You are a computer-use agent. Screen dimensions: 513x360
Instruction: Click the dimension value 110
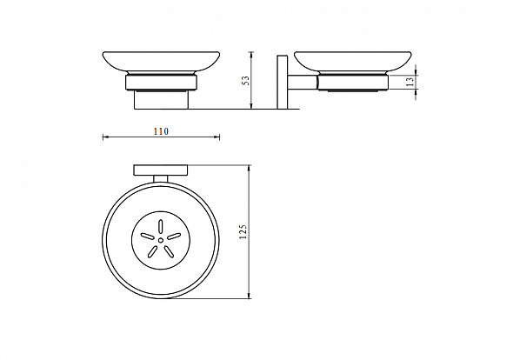(161, 131)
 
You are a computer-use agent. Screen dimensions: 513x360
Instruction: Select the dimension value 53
(245, 81)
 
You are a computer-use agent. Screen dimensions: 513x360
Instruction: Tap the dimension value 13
(410, 82)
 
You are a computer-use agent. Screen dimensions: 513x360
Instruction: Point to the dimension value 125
(243, 231)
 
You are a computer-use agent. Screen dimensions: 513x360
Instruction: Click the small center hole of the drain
(161, 240)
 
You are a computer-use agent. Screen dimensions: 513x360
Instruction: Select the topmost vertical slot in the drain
(160, 226)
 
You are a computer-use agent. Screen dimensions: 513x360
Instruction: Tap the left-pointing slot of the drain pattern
(147, 236)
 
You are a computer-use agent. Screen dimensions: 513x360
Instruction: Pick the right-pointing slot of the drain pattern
(174, 236)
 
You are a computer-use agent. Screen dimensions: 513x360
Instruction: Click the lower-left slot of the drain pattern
(152, 251)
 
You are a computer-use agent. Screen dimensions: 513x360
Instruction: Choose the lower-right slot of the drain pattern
(169, 251)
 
